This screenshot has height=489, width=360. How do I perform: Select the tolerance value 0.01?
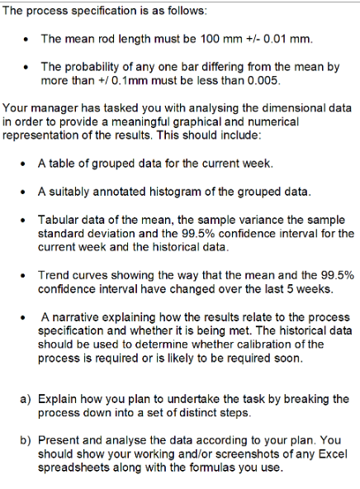pos(280,39)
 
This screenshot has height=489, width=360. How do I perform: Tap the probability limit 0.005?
pos(263,81)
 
